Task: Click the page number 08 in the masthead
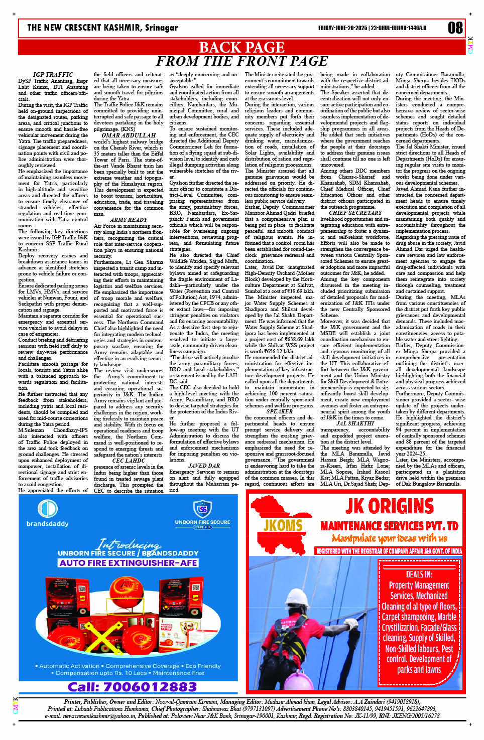455,28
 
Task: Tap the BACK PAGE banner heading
241,47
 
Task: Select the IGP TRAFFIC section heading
53,75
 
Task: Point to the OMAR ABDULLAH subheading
129,135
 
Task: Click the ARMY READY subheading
129,220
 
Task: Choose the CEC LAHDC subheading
129,461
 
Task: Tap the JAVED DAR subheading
204,466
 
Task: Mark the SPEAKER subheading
279,411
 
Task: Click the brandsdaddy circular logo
48,509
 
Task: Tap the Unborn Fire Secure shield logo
202,510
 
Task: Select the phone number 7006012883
132,686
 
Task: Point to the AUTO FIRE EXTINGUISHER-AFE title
129,563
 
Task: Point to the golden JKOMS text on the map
283,525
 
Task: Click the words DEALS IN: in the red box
419,574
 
